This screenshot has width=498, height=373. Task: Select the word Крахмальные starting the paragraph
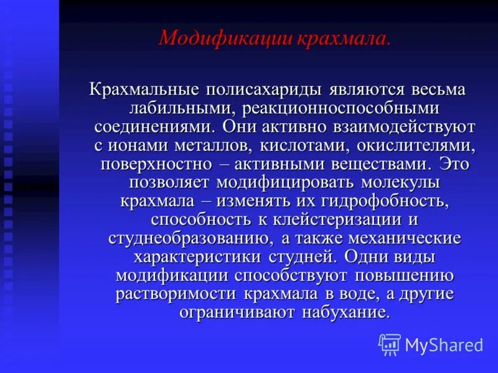click(x=148, y=89)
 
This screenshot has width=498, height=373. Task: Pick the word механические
click(x=405, y=239)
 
